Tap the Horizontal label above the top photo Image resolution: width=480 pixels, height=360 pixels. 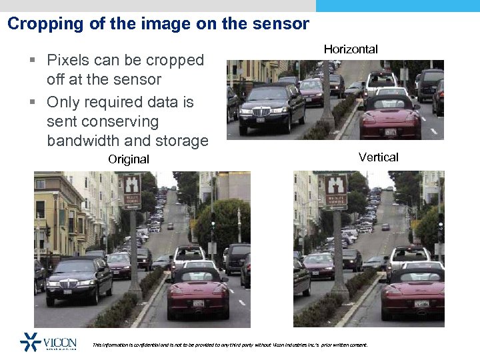pyautogui.click(x=351, y=49)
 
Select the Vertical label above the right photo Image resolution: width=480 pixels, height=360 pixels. pyautogui.click(x=378, y=157)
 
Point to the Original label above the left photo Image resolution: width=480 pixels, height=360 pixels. pyautogui.click(x=129, y=159)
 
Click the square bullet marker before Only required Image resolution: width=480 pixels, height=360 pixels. pyautogui.click(x=33, y=103)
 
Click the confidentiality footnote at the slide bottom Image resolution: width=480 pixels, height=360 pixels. pyautogui.click(x=229, y=345)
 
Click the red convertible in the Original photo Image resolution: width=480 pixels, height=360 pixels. pyautogui.click(x=197, y=295)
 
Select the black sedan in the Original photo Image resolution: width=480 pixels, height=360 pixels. pyautogui.click(x=79, y=279)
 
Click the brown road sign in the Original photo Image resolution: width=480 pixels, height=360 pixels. pyautogui.click(x=131, y=190)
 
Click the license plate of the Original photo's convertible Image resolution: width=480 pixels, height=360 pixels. pyautogui.click(x=198, y=303)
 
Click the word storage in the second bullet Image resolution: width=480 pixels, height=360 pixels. pyautogui.click(x=183, y=141)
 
